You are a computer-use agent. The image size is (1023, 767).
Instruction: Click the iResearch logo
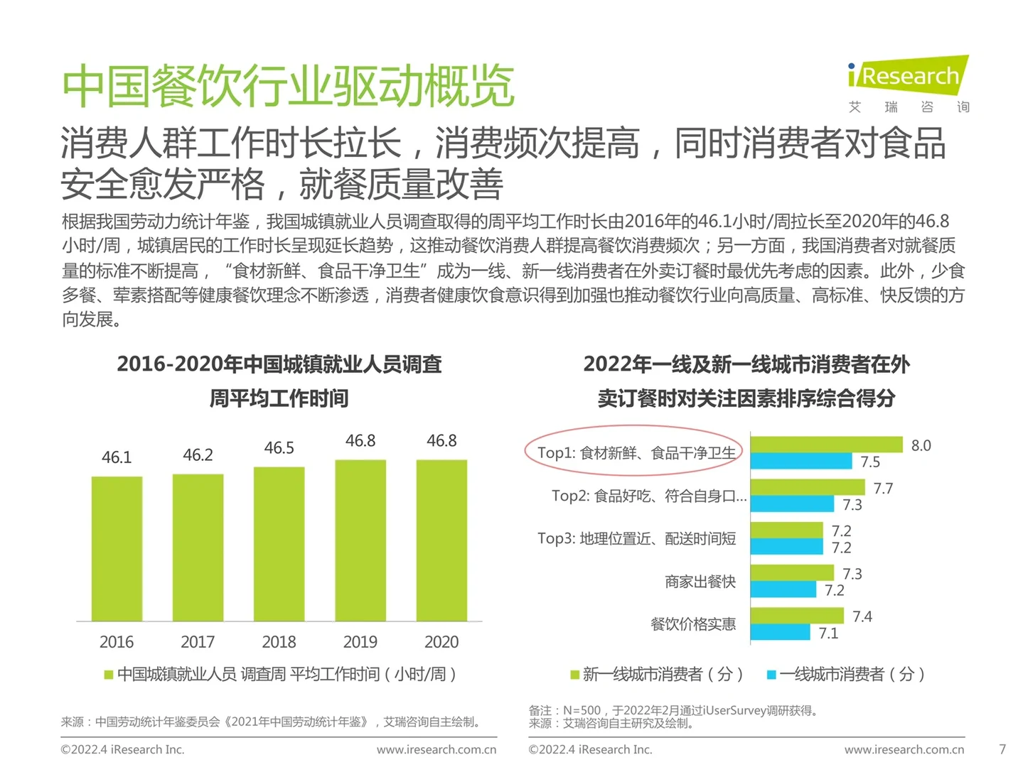(908, 77)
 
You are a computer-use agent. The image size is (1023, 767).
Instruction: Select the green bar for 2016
(117, 548)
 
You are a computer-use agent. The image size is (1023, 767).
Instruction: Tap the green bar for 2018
(279, 543)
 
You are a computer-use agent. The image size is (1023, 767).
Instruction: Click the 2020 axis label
(441, 642)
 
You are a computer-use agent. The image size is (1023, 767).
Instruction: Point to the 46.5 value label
(279, 448)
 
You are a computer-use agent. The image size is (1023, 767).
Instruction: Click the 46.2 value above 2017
(198, 455)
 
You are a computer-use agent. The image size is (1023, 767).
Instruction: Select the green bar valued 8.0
(826, 445)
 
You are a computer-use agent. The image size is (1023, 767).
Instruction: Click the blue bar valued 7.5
(800, 462)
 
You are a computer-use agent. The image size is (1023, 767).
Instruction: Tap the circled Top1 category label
(636, 453)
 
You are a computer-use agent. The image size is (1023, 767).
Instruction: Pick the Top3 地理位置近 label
(636, 539)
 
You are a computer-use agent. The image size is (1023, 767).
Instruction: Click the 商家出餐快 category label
(700, 582)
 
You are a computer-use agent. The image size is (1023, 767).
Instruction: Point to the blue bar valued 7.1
(780, 633)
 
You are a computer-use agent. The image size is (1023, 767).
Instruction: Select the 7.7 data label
(883, 489)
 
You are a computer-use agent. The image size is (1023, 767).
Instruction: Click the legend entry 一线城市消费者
(846, 674)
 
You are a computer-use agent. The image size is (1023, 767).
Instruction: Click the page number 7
(1002, 749)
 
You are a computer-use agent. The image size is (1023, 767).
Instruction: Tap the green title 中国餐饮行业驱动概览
(288, 86)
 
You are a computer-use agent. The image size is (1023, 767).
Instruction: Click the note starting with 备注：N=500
(673, 710)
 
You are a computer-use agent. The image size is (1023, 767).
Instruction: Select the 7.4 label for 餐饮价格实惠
(862, 616)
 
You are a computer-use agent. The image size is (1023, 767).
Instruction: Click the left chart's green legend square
(109, 675)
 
